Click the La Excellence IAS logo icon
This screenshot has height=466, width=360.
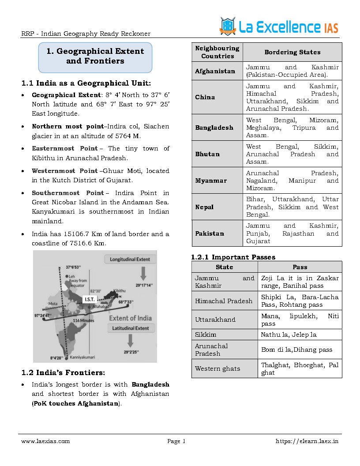pyautogui.click(x=228, y=26)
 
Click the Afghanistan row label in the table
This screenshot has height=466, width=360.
pyautogui.click(x=215, y=71)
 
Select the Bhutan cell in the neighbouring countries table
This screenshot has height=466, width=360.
pyautogui.click(x=207, y=154)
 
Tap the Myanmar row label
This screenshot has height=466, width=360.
pyautogui.click(x=211, y=180)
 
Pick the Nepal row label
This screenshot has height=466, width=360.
pyautogui.click(x=204, y=207)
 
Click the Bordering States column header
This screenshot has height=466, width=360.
pyautogui.click(x=292, y=52)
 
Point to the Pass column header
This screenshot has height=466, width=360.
pyautogui.click(x=300, y=267)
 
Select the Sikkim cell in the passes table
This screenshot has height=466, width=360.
pyautogui.click(x=206, y=334)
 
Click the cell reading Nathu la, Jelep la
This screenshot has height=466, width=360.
pyautogui.click(x=289, y=334)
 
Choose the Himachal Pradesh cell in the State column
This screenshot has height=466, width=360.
pyautogui.click(x=224, y=301)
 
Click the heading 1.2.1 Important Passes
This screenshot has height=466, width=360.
pyautogui.click(x=233, y=257)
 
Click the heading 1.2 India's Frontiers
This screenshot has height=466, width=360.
pyautogui.click(x=63, y=372)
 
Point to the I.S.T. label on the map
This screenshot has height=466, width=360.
pyautogui.click(x=90, y=299)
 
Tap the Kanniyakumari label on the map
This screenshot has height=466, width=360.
pyautogui.click(x=83, y=357)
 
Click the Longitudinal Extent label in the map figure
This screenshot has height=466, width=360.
pyautogui.click(x=130, y=259)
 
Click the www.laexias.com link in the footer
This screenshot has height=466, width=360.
pyautogui.click(x=45, y=441)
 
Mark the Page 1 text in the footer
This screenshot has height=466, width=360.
pyautogui.click(x=176, y=441)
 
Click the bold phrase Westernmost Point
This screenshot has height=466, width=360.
pyautogui.click(x=64, y=171)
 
